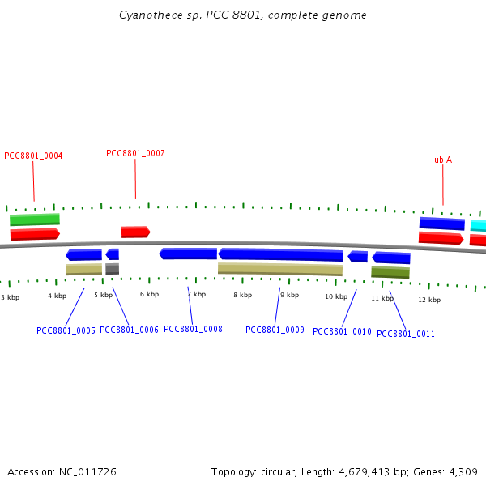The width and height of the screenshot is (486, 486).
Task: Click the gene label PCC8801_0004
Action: (x=33, y=156)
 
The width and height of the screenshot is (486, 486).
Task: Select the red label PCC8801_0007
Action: (x=135, y=153)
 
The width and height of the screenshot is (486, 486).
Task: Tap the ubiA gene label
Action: (x=443, y=160)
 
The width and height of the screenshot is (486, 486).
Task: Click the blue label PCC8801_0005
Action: (x=66, y=330)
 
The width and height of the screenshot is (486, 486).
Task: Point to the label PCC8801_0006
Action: (x=129, y=330)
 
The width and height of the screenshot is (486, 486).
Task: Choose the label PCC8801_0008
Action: (x=193, y=329)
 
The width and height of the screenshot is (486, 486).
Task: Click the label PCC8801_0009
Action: (x=275, y=330)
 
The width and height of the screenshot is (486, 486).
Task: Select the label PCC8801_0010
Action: (x=342, y=331)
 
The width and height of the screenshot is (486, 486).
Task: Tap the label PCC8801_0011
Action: (x=406, y=334)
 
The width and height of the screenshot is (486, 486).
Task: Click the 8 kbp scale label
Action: (x=242, y=295)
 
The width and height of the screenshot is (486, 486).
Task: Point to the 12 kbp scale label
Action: (x=429, y=300)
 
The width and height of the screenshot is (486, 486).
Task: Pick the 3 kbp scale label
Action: (x=10, y=297)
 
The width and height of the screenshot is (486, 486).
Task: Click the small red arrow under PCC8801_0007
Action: (x=135, y=232)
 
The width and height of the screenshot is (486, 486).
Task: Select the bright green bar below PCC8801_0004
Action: (x=35, y=220)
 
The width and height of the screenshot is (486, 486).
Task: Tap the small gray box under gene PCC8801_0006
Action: (x=112, y=268)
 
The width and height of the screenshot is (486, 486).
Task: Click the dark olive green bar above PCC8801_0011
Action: (x=390, y=272)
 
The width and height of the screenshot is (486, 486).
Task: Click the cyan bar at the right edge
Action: (x=478, y=225)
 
